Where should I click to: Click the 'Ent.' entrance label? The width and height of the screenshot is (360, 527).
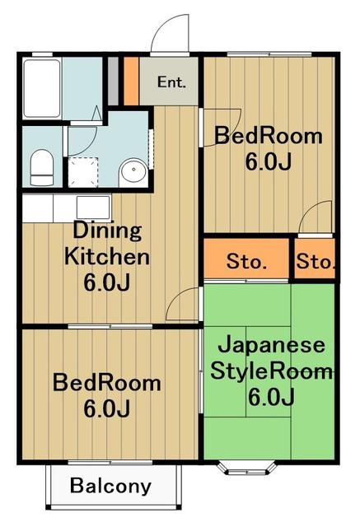(171, 82)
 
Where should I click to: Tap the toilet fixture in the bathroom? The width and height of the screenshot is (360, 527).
(42, 167)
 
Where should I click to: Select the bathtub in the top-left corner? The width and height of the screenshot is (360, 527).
(42, 89)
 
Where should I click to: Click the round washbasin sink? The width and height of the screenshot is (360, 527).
(133, 172)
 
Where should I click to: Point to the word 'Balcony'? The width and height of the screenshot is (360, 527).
(111, 487)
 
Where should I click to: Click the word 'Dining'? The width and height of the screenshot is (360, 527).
(107, 231)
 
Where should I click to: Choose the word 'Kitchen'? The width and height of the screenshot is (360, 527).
(107, 257)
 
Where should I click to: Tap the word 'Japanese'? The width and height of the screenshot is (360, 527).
(272, 346)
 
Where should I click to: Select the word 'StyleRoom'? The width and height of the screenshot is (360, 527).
(271, 371)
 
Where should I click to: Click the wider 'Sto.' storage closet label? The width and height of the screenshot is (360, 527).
(246, 262)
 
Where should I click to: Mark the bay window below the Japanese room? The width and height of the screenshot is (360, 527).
(247, 468)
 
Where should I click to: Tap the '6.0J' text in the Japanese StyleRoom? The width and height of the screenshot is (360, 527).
(271, 397)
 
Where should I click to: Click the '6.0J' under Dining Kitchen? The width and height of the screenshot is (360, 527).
(106, 282)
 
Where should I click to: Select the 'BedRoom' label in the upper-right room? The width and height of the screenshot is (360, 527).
(269, 136)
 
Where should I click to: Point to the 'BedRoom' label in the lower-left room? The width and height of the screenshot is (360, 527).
(107, 383)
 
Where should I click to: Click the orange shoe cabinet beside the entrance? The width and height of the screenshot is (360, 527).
(131, 82)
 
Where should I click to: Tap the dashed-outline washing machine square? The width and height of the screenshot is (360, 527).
(83, 172)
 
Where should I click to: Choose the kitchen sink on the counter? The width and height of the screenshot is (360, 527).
(93, 208)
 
